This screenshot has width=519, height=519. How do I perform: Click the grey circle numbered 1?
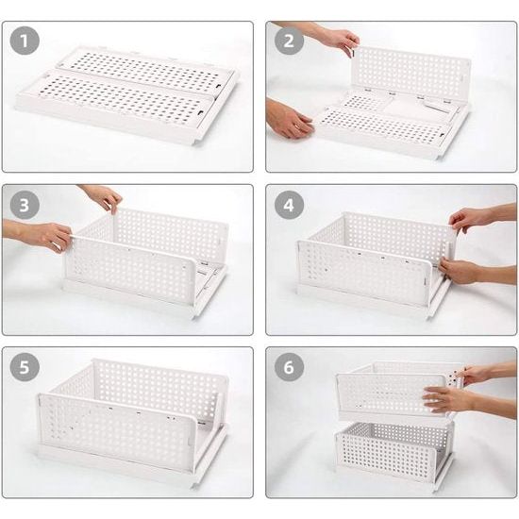click(25, 41)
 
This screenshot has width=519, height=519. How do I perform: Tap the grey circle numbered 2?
click(289, 41)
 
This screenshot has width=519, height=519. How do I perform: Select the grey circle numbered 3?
click(25, 205)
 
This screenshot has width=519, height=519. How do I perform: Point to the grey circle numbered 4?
click(289, 205)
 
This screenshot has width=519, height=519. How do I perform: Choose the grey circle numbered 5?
click(25, 367)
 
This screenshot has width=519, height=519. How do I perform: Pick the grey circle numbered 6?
click(289, 367)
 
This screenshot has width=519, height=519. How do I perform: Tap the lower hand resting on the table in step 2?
click(289, 119)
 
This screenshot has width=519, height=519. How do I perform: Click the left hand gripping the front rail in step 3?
click(44, 236)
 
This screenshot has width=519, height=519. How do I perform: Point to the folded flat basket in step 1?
click(127, 94)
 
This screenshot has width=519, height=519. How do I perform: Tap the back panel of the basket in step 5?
click(159, 386)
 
